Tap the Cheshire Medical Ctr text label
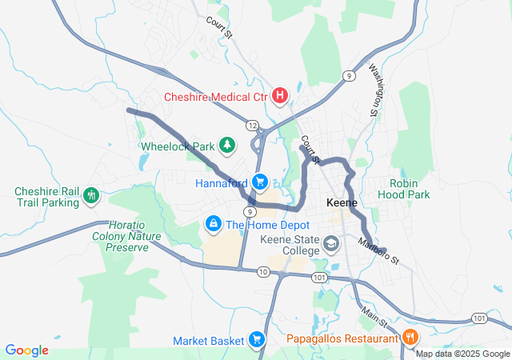[216, 97]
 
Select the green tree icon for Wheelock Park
[228, 145]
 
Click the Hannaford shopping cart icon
[260, 182]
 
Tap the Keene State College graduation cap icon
[330, 242]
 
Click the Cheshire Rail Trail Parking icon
[91, 194]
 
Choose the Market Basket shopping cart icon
[257, 339]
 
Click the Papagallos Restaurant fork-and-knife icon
[411, 337]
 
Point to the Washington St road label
[374, 88]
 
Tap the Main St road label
[374, 313]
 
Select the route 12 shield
[252, 126]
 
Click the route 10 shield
[263, 272]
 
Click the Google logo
[26, 350]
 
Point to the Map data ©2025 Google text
[462, 354]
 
